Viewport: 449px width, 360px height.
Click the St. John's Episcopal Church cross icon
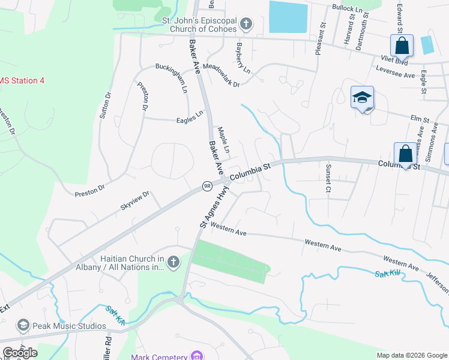point(245,25)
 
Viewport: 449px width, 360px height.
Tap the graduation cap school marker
point(363,98)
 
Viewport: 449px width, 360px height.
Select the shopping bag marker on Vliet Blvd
point(402,45)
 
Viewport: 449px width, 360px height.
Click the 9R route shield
point(207,186)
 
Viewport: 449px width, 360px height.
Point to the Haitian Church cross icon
point(173,262)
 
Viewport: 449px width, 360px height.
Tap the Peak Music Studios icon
point(23,326)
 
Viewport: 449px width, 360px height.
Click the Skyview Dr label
point(134,200)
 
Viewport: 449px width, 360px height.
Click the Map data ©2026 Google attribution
point(412,355)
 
